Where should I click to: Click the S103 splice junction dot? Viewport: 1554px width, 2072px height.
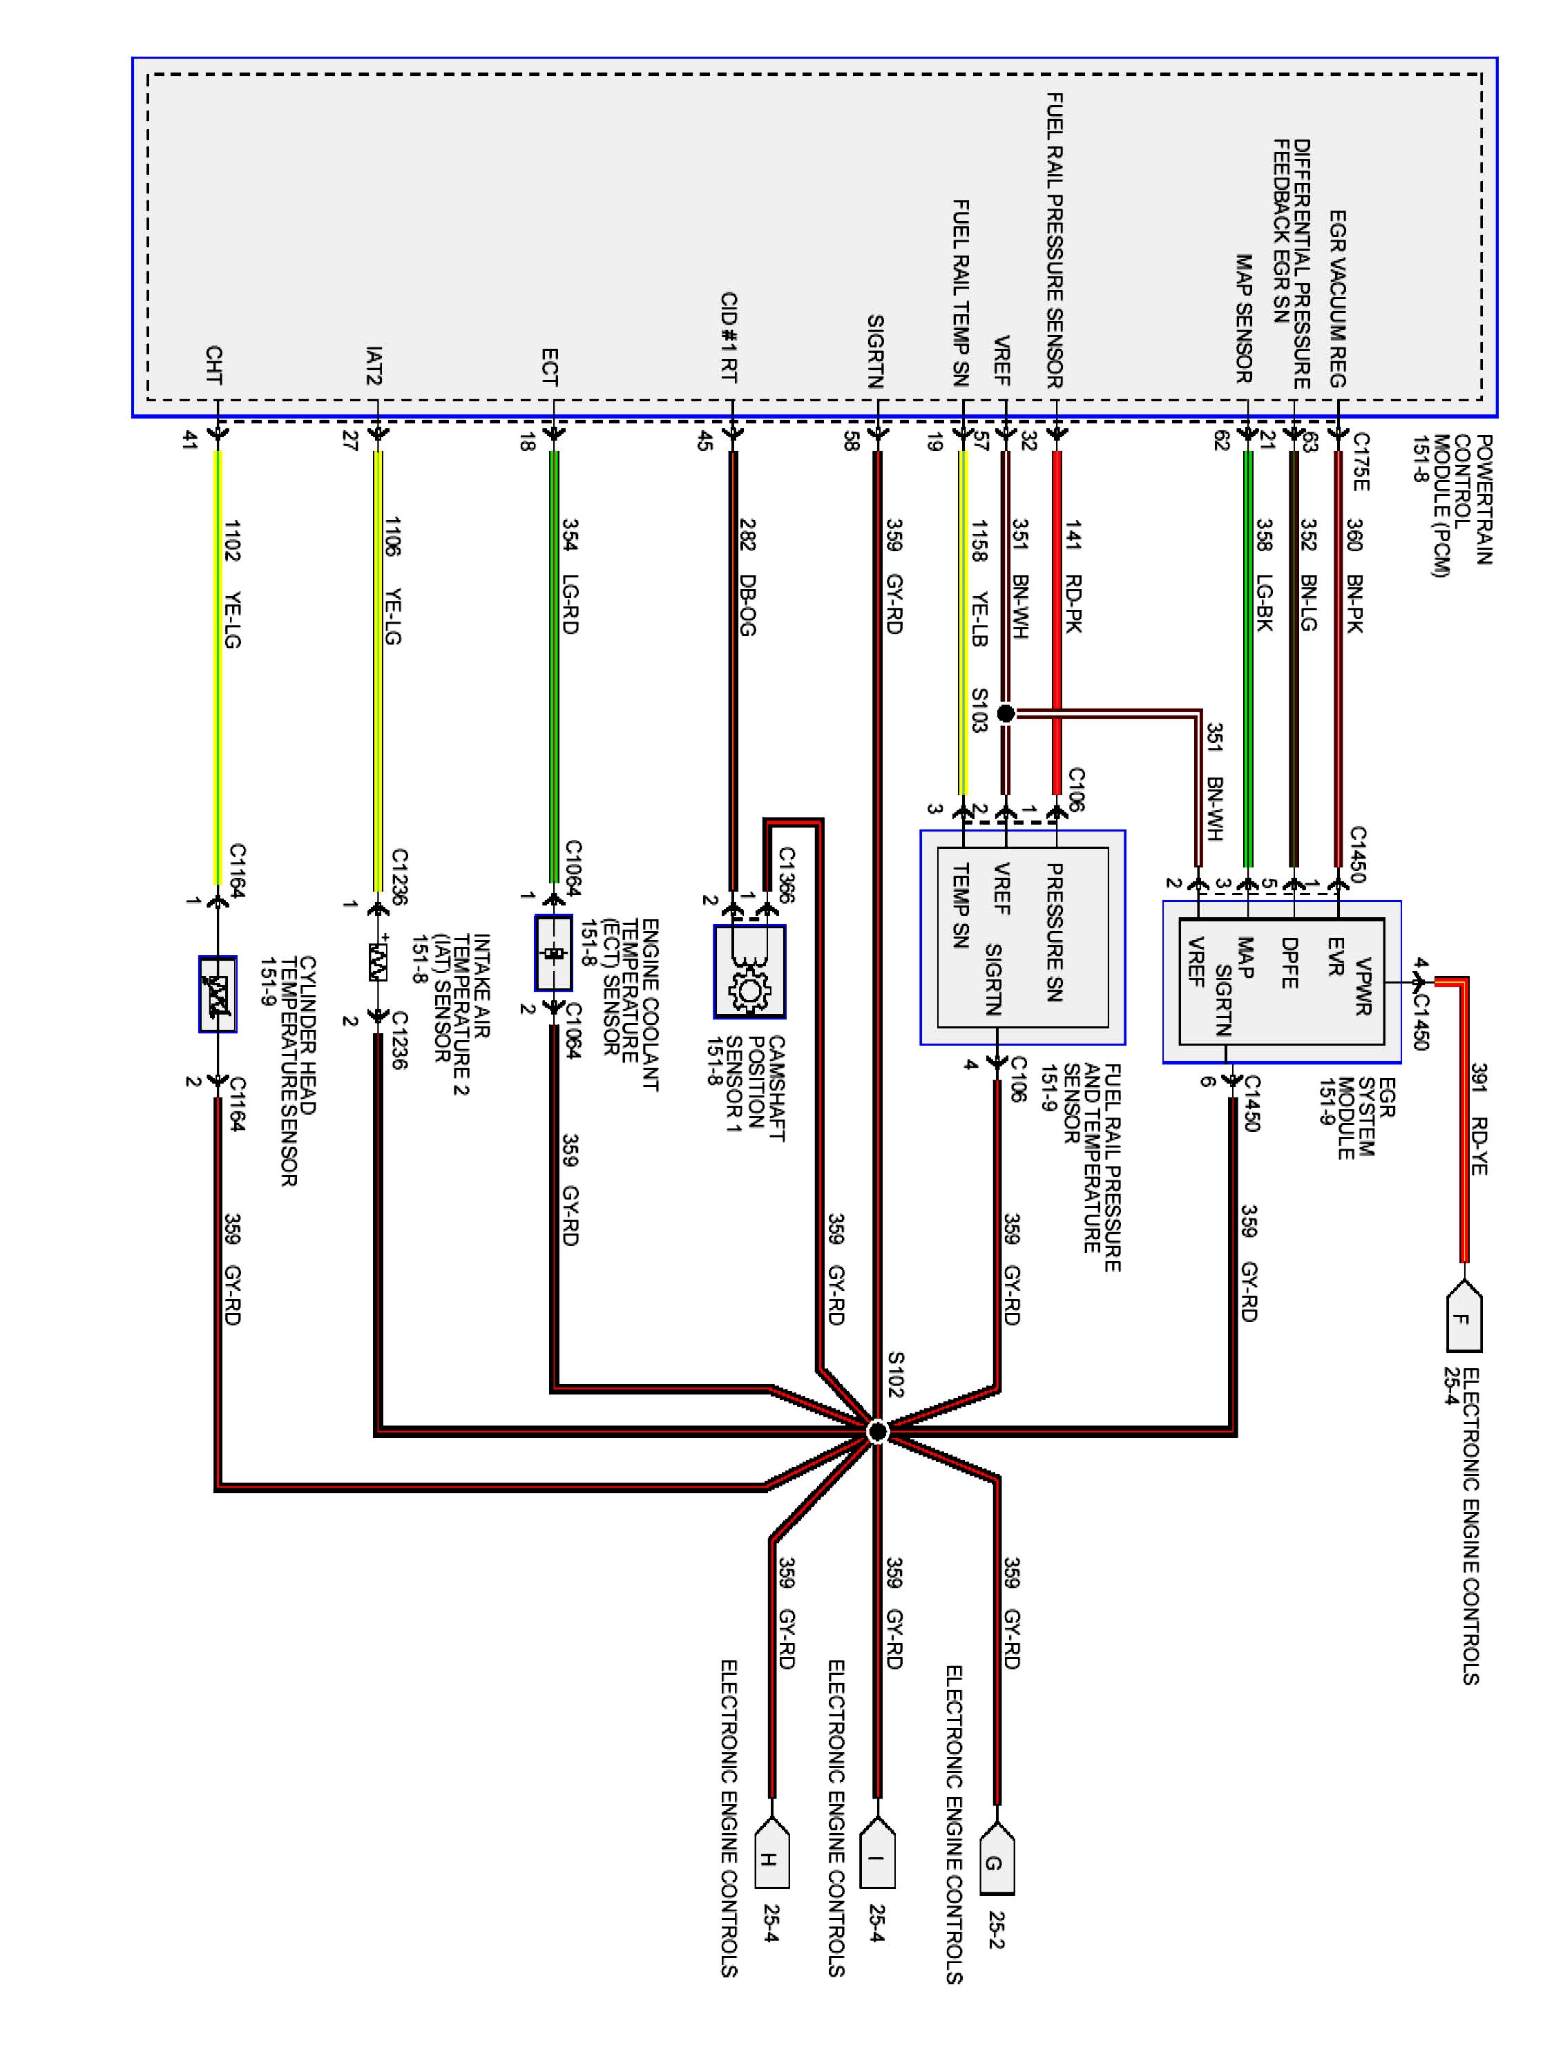coord(1005,713)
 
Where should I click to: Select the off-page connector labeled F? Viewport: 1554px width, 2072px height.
coord(1463,1320)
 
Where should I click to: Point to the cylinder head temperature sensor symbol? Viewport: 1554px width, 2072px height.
coord(218,994)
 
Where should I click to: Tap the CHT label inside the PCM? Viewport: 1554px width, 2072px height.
coord(213,365)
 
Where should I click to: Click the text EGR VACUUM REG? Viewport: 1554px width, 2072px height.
coord(1338,298)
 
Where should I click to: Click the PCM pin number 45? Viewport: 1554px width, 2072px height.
coord(704,440)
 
